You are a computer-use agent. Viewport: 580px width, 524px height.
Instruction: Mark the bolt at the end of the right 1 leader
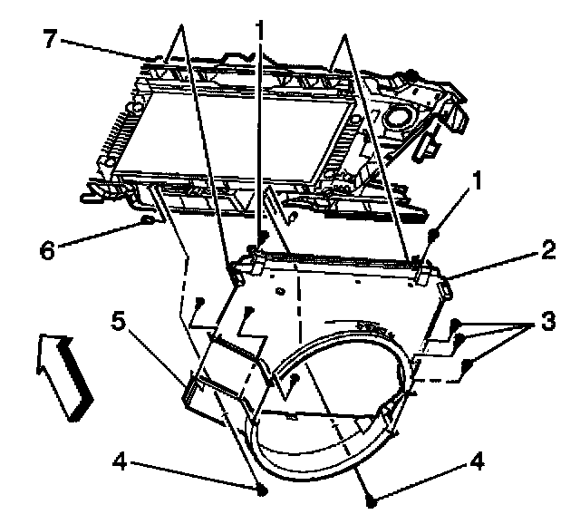point(435,235)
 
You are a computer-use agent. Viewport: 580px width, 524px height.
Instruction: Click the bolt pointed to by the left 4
point(263,490)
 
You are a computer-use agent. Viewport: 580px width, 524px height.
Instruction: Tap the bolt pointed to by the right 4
point(372,500)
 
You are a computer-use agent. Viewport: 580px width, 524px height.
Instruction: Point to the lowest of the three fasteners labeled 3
point(468,364)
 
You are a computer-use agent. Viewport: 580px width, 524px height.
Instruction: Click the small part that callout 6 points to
point(145,219)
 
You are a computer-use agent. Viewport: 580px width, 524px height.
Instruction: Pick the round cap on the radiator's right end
point(396,117)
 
